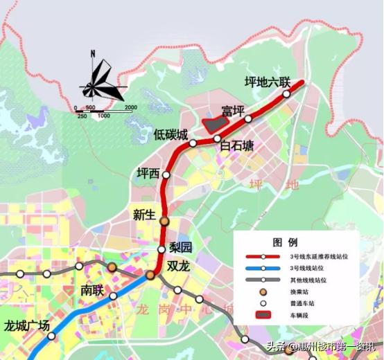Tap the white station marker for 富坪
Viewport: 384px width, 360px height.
coord(248,119)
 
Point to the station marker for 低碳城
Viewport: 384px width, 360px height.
coord(193,143)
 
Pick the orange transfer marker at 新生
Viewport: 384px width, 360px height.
coord(164,222)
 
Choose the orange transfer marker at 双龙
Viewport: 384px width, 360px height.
coord(150,276)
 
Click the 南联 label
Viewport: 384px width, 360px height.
coord(92,290)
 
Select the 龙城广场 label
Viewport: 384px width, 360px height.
coord(27,325)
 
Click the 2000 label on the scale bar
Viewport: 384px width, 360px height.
coord(130,107)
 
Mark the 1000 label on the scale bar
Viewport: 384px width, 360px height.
coord(103,116)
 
